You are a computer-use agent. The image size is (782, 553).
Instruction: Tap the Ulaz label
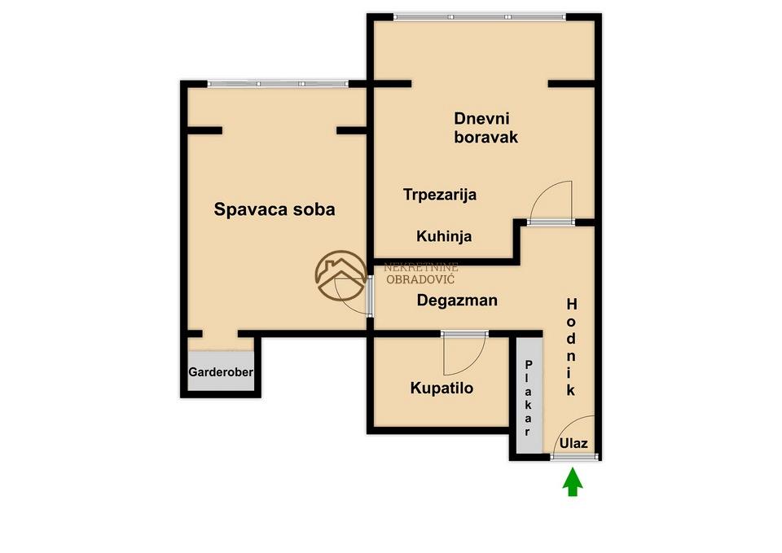click(x=573, y=443)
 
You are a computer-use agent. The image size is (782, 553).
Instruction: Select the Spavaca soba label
click(x=275, y=209)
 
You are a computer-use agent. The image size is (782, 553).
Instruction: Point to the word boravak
click(x=485, y=137)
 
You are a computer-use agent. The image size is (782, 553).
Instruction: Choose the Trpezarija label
click(x=439, y=195)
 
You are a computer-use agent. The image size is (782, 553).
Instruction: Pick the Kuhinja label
click(x=444, y=236)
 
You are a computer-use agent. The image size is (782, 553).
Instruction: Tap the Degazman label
click(x=457, y=301)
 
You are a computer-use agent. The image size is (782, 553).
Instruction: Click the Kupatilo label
click(x=442, y=388)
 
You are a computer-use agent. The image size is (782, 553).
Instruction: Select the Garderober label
click(x=221, y=372)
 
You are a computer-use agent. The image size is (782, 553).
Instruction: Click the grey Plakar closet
click(x=529, y=396)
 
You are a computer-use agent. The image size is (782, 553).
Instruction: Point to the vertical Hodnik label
click(x=572, y=347)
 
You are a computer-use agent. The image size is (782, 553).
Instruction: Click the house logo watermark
click(x=341, y=276)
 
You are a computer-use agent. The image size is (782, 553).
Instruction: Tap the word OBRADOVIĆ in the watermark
click(x=420, y=279)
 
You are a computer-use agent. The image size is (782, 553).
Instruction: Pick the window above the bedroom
click(x=278, y=84)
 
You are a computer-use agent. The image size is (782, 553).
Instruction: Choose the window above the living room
click(x=480, y=17)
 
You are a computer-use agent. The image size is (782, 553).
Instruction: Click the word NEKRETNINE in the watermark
click(x=421, y=268)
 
